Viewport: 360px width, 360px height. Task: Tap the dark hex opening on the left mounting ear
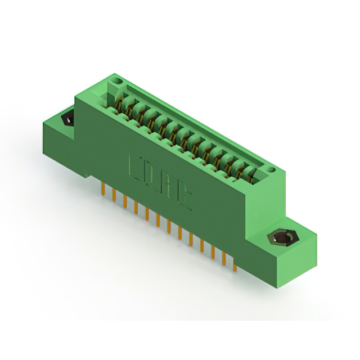[67, 119]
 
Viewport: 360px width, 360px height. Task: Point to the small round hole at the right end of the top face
[271, 168]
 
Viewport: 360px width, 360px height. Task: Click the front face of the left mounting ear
[58, 141]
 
